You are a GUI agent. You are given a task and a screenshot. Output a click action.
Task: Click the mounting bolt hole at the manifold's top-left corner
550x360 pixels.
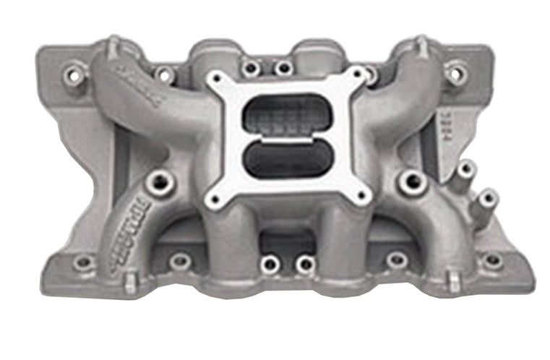(x=73, y=73)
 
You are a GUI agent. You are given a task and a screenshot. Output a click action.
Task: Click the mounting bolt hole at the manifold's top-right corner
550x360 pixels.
(x=455, y=72)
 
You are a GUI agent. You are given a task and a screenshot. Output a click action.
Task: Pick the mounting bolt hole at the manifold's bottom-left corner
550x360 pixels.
(x=83, y=262)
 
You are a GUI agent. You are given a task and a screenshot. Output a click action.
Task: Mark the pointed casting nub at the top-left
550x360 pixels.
(x=113, y=45)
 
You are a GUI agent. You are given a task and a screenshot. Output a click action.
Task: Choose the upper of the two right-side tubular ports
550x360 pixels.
(x=465, y=171)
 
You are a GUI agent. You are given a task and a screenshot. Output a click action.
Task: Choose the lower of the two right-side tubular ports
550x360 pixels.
(x=488, y=197)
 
